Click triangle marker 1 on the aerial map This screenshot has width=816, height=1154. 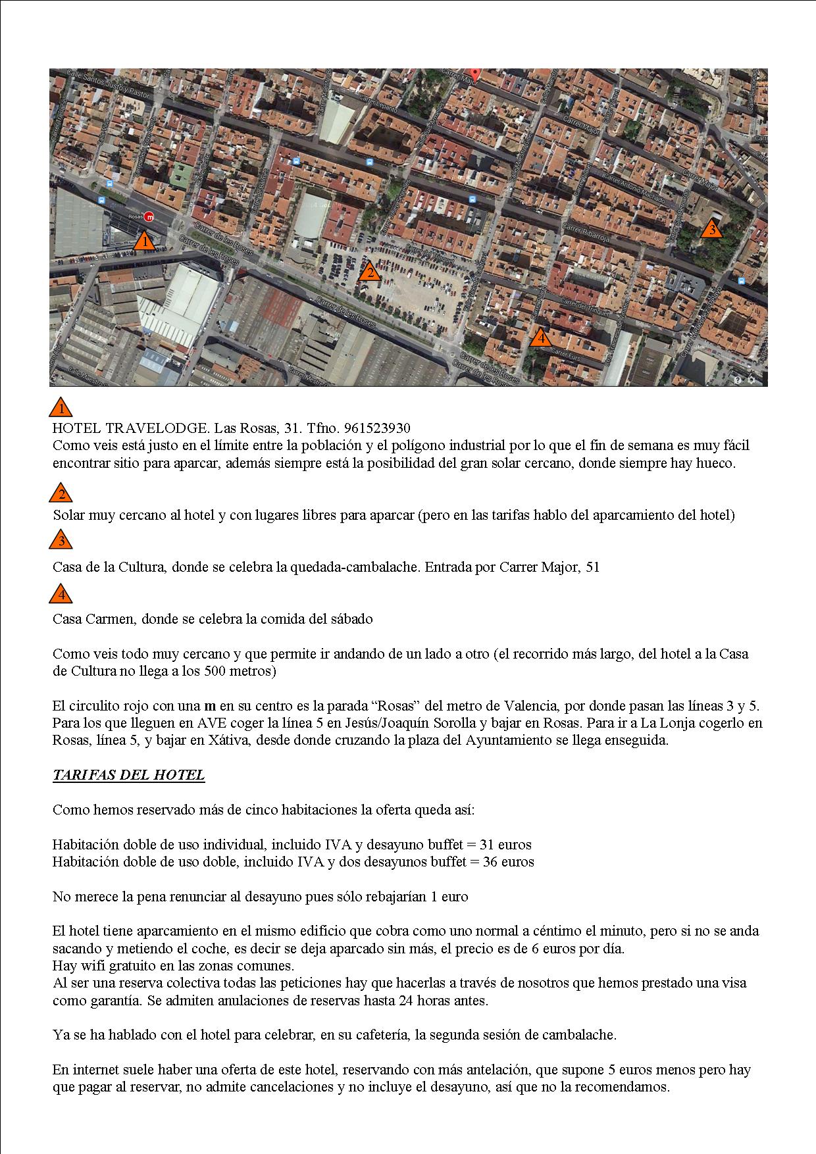[144, 242]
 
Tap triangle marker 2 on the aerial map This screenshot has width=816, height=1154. [370, 272]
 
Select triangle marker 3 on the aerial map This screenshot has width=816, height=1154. [711, 230]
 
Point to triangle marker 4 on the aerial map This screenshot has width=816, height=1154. [540, 338]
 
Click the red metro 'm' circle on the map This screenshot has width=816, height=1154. [149, 216]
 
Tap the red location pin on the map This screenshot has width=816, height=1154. [474, 74]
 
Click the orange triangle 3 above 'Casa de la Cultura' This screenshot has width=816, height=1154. [61, 540]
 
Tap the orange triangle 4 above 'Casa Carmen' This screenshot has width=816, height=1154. [61, 594]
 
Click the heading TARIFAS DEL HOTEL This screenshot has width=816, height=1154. [128, 775]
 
